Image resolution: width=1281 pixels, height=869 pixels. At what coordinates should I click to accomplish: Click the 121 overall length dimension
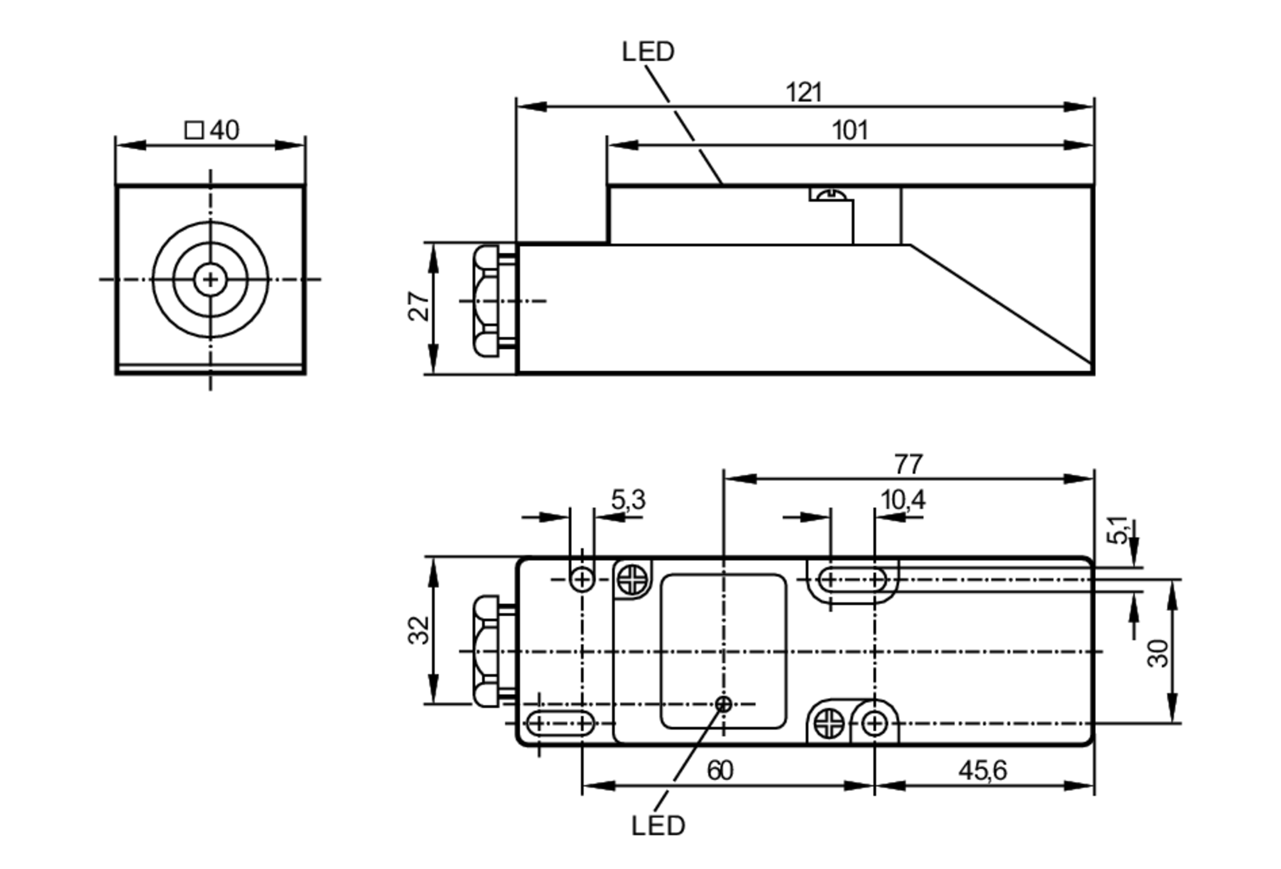point(803,93)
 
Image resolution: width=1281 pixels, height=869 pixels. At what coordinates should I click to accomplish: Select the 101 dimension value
point(849,131)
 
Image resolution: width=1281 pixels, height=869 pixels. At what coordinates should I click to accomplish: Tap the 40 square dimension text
point(224,131)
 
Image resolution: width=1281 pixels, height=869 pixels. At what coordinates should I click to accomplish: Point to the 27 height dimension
point(420,306)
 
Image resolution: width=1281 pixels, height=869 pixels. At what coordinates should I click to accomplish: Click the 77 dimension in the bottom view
point(908,464)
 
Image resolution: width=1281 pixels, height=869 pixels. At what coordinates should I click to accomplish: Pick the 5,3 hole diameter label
point(628,500)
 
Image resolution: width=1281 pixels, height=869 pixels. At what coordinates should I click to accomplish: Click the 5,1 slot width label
point(1118,530)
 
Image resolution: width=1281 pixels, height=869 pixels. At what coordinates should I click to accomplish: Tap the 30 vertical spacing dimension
point(1158,653)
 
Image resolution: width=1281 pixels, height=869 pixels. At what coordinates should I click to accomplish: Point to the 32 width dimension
point(420,630)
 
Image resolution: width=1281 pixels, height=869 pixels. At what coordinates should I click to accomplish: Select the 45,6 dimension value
point(983,770)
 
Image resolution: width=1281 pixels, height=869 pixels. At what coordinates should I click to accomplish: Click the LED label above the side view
point(648,52)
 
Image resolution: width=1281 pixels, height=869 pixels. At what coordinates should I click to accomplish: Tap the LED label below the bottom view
point(658,826)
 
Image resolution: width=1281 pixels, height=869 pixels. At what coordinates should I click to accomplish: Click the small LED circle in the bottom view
point(723,704)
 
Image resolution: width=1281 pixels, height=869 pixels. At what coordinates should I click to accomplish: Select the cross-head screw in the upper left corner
point(633,580)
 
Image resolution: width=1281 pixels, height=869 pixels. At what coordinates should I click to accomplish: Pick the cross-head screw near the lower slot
point(829,724)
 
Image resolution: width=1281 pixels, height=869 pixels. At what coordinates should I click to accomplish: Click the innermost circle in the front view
point(210,279)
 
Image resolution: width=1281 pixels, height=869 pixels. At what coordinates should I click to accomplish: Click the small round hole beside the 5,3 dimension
point(582,580)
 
